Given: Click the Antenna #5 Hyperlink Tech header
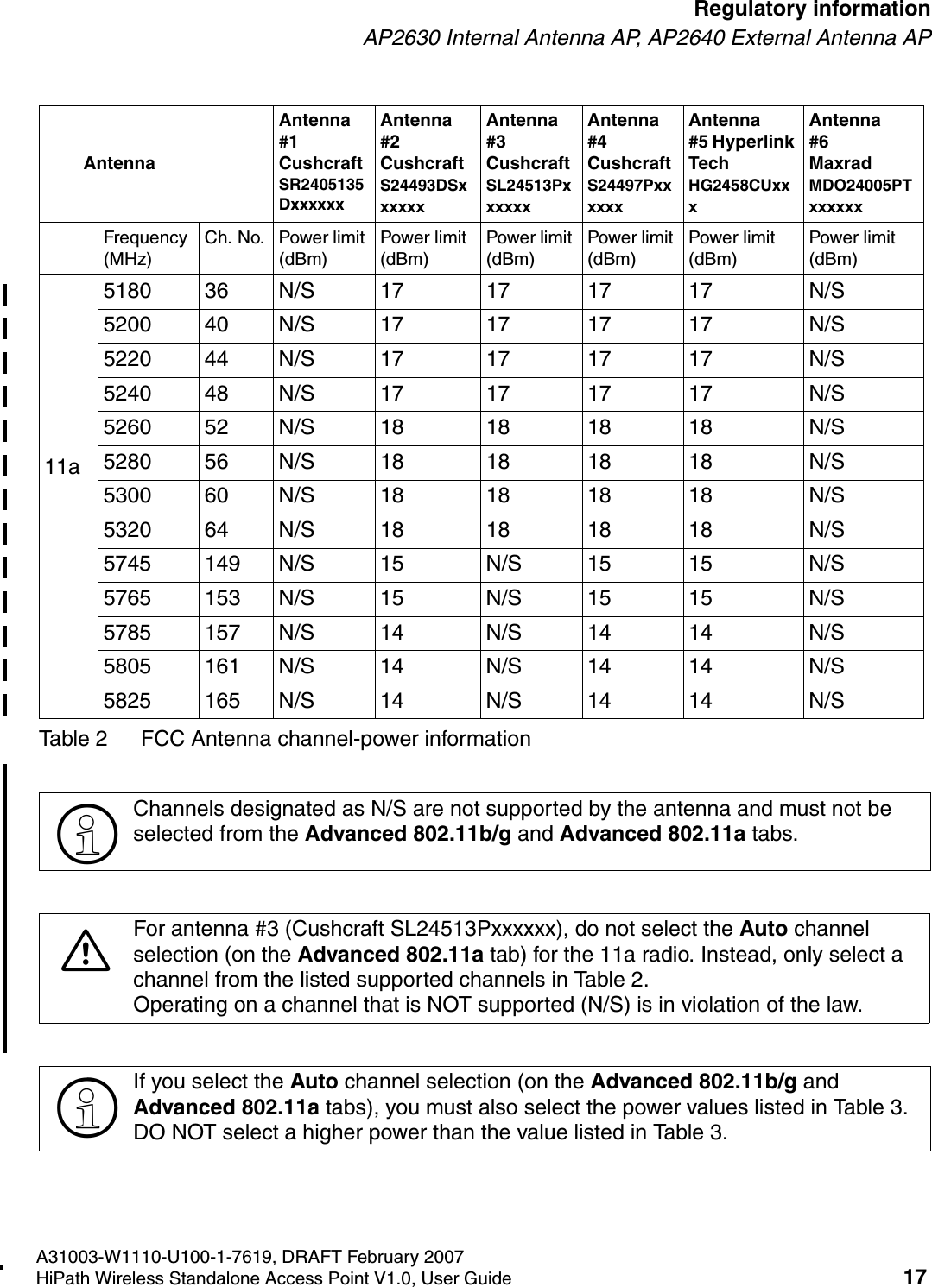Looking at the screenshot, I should point(740,162).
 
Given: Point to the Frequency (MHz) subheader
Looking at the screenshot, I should point(144,248).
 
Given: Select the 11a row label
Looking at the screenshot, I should point(63,468).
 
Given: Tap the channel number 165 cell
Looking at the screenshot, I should point(223,701).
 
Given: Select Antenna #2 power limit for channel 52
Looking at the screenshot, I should point(392,428).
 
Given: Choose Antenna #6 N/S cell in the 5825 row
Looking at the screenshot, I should point(827,701).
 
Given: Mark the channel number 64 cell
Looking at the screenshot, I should point(217,530).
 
